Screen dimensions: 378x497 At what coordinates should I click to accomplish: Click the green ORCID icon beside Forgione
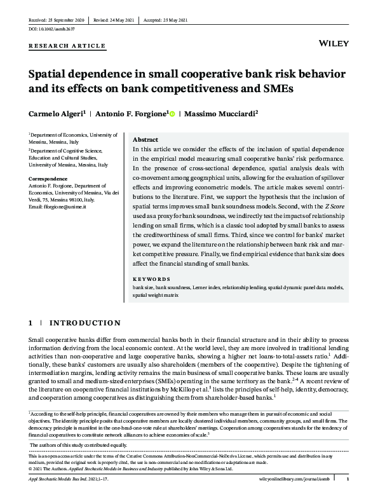tap(172, 114)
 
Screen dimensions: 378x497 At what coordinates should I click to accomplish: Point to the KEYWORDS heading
tap(153, 279)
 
